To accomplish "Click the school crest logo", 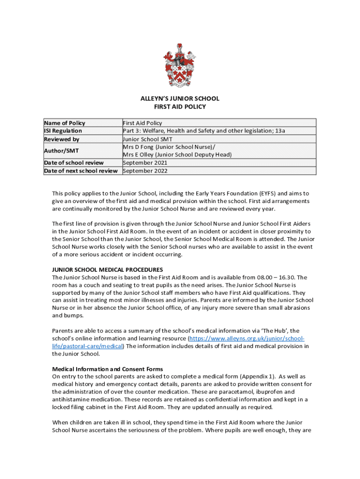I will pyautogui.click(x=180, y=65).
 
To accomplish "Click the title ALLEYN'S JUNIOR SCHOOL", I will pyautogui.click(x=180, y=99).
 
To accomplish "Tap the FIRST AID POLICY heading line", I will pyautogui.click(x=180, y=107).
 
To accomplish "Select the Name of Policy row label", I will pyautogui.click(x=65, y=123).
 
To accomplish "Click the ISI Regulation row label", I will pyautogui.click(x=63, y=131).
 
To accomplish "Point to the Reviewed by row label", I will pyautogui.click(x=62, y=139).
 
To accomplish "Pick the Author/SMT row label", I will pyautogui.click(x=61, y=151).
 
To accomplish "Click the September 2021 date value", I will pyautogui.click(x=145, y=163).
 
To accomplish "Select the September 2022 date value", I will pyautogui.click(x=145, y=171).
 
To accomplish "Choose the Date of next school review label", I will pyautogui.click(x=81, y=171).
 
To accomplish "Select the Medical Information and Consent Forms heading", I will pyautogui.click(x=108, y=369).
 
